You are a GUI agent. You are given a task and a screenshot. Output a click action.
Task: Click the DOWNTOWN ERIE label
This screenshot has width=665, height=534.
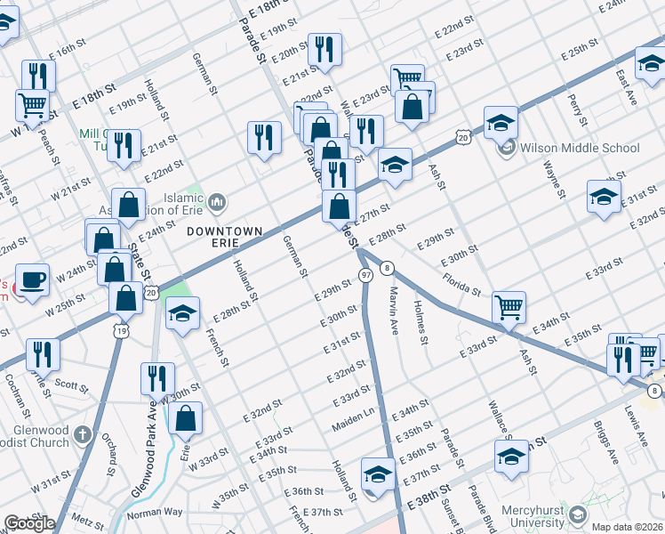click(225, 231)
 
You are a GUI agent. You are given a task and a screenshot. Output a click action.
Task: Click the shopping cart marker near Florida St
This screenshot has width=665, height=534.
click(509, 307)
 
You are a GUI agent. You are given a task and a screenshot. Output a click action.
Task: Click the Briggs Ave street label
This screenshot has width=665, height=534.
click(610, 446)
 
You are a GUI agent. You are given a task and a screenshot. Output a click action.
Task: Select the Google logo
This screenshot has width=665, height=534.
click(28, 523)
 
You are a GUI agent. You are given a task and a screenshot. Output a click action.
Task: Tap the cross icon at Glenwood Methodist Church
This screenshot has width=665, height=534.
click(83, 435)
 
